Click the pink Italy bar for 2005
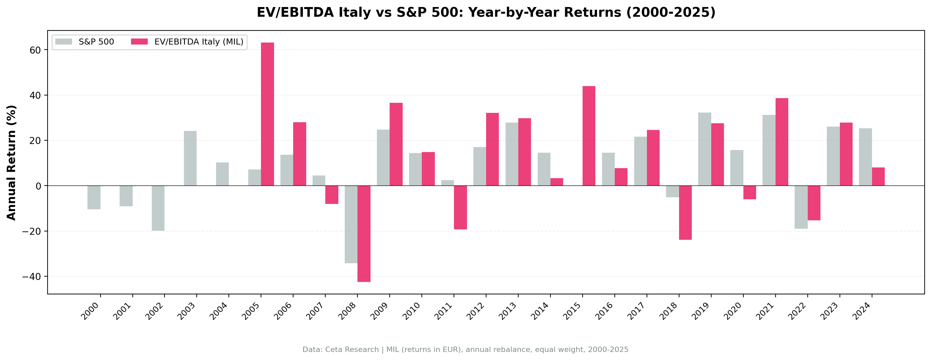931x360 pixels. pos(267,114)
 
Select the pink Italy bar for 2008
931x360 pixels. pos(364,233)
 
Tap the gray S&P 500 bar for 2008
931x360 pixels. pos(351,224)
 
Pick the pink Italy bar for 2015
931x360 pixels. pos(589,136)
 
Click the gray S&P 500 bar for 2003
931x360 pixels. pos(190,158)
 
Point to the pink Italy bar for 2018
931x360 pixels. pos(685,213)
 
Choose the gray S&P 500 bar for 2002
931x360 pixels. pos(158,208)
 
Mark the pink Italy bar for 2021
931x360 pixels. pos(782,142)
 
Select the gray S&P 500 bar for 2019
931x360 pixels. pos(705,149)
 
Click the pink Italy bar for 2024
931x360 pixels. pos(878,176)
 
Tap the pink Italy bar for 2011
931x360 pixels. pos(460,208)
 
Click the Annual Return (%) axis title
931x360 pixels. pos(12,162)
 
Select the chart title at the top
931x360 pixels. pos(486,12)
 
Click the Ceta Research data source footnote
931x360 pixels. pos(465,350)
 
